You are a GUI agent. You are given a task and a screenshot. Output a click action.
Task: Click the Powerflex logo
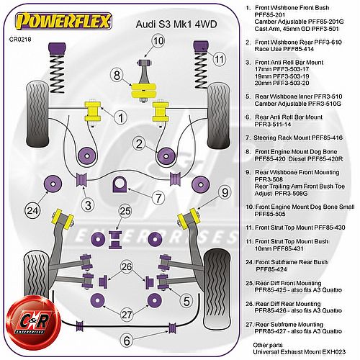click(x=63, y=21)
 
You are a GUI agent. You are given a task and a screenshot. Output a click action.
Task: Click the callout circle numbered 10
click(x=158, y=41)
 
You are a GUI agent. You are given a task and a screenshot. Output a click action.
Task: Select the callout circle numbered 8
click(x=117, y=76)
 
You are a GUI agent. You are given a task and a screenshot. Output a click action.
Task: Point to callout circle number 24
click(x=32, y=211)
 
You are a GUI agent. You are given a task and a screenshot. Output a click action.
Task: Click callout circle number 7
click(x=158, y=198)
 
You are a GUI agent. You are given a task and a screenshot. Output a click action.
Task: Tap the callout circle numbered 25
click(x=125, y=211)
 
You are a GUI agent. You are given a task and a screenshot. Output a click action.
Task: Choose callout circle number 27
click(x=127, y=315)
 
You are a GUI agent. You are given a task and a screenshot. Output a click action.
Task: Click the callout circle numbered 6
click(x=127, y=341)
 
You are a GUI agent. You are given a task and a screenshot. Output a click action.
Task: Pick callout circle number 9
click(x=225, y=192)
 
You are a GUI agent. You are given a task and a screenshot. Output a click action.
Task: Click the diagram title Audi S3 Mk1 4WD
click(x=176, y=24)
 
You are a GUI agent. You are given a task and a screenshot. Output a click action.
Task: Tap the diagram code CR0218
click(x=20, y=40)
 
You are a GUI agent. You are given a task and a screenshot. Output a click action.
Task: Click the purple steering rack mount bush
click(x=120, y=184)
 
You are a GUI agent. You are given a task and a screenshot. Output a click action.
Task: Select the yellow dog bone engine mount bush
click(x=143, y=90)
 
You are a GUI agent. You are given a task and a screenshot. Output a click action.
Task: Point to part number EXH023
click(x=334, y=352)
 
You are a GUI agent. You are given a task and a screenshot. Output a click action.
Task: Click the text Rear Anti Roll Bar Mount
click(x=289, y=117)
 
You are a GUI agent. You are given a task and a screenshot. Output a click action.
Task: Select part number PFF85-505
click(x=270, y=214)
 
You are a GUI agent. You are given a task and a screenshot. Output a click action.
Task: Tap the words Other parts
click(x=268, y=345)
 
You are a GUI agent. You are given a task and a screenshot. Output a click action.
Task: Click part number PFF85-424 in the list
click(x=271, y=269)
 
